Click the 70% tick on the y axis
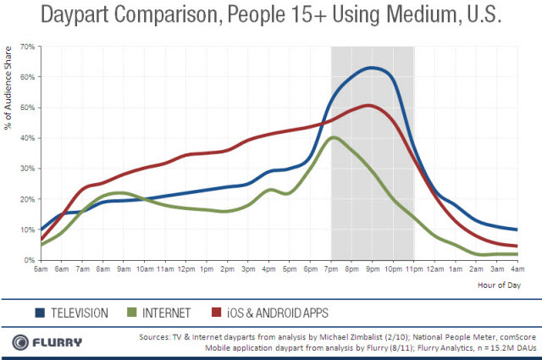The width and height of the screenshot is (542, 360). point(27,46)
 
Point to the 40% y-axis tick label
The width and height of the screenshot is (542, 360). point(27,138)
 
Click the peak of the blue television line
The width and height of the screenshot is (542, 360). point(373,67)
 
